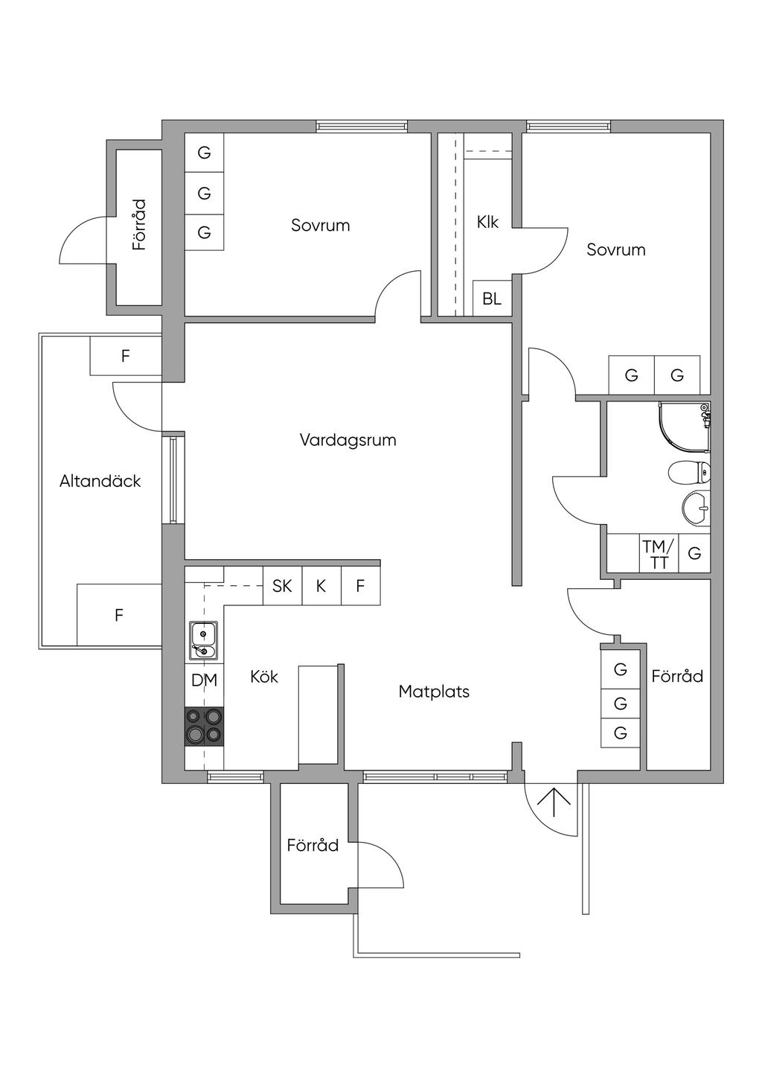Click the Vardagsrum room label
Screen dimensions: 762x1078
coord(348,440)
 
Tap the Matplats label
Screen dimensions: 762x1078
coord(434,692)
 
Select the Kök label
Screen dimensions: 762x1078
coord(264,677)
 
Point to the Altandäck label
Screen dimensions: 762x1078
coord(100,481)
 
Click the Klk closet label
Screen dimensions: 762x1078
coord(487,222)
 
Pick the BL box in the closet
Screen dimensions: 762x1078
coord(492,299)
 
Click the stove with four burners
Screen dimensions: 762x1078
coord(205,726)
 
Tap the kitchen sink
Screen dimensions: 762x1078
coord(204,640)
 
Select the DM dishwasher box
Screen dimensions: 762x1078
coord(205,680)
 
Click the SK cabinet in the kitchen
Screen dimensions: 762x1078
coord(282,586)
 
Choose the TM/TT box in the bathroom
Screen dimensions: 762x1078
coord(659,553)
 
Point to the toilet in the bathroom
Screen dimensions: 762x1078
coord(689,472)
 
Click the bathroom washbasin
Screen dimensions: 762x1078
coord(697,507)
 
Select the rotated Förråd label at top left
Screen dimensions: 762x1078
coord(139,225)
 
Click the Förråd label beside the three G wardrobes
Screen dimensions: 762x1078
coord(677,676)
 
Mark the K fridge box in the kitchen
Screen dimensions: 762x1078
coord(321,586)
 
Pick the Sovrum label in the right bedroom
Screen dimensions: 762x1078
coord(615,249)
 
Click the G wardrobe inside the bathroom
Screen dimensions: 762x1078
coord(694,553)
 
